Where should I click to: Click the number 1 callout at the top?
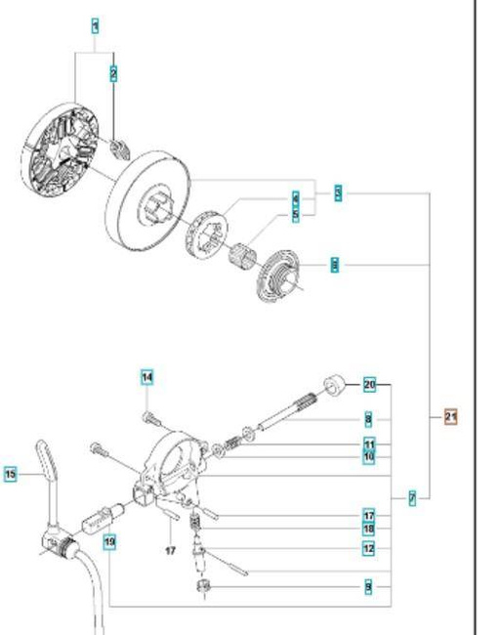click(95, 26)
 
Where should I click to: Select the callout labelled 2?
click(114, 73)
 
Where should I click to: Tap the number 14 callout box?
click(146, 377)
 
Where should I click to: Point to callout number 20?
click(369, 384)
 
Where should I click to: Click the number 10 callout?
click(369, 456)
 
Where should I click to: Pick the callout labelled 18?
click(369, 529)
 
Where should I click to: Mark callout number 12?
click(369, 549)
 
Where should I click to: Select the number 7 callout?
click(413, 498)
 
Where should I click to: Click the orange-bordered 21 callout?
click(450, 416)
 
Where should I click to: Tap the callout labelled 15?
click(11, 475)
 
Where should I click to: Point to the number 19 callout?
click(109, 540)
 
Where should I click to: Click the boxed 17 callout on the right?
click(369, 515)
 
